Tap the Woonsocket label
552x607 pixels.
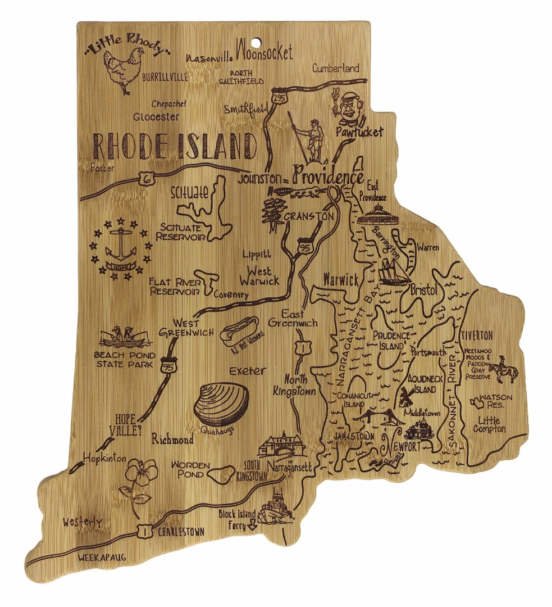(264, 53)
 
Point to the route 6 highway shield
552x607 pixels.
(144, 179)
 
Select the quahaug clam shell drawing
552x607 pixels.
(221, 404)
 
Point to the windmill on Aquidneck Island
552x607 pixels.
(405, 397)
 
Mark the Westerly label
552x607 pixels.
(83, 522)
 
